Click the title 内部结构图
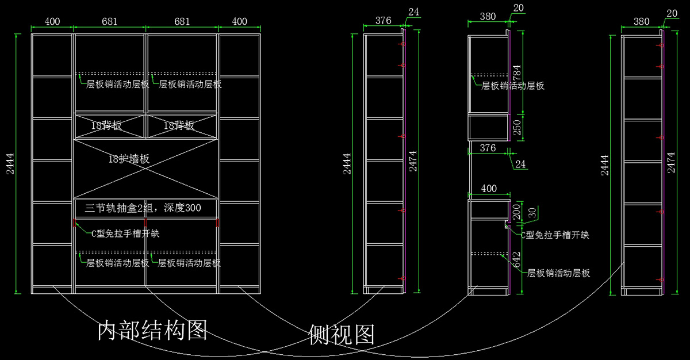[x=152, y=330]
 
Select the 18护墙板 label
[x=129, y=159]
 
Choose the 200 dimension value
[x=516, y=211]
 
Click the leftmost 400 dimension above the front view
[x=52, y=21]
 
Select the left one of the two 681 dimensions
[x=110, y=21]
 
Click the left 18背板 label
[x=106, y=125]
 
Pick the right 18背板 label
[x=179, y=125]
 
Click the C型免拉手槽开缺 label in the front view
[x=125, y=233]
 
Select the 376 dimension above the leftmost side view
[x=383, y=20]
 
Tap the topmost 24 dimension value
[x=414, y=12]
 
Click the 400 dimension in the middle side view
[x=489, y=189]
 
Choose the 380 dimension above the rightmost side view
[x=641, y=21]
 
